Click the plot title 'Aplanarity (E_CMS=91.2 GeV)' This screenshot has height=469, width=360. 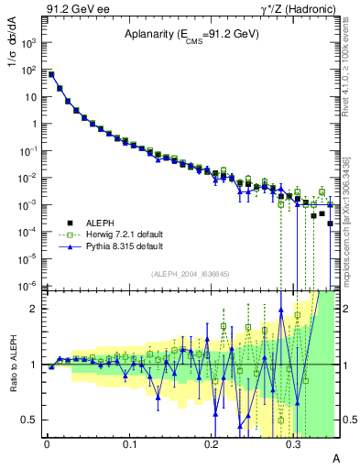[191, 34]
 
